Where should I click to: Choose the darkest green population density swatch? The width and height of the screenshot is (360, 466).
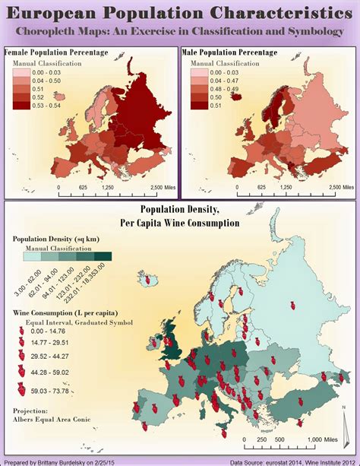[104, 257]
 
